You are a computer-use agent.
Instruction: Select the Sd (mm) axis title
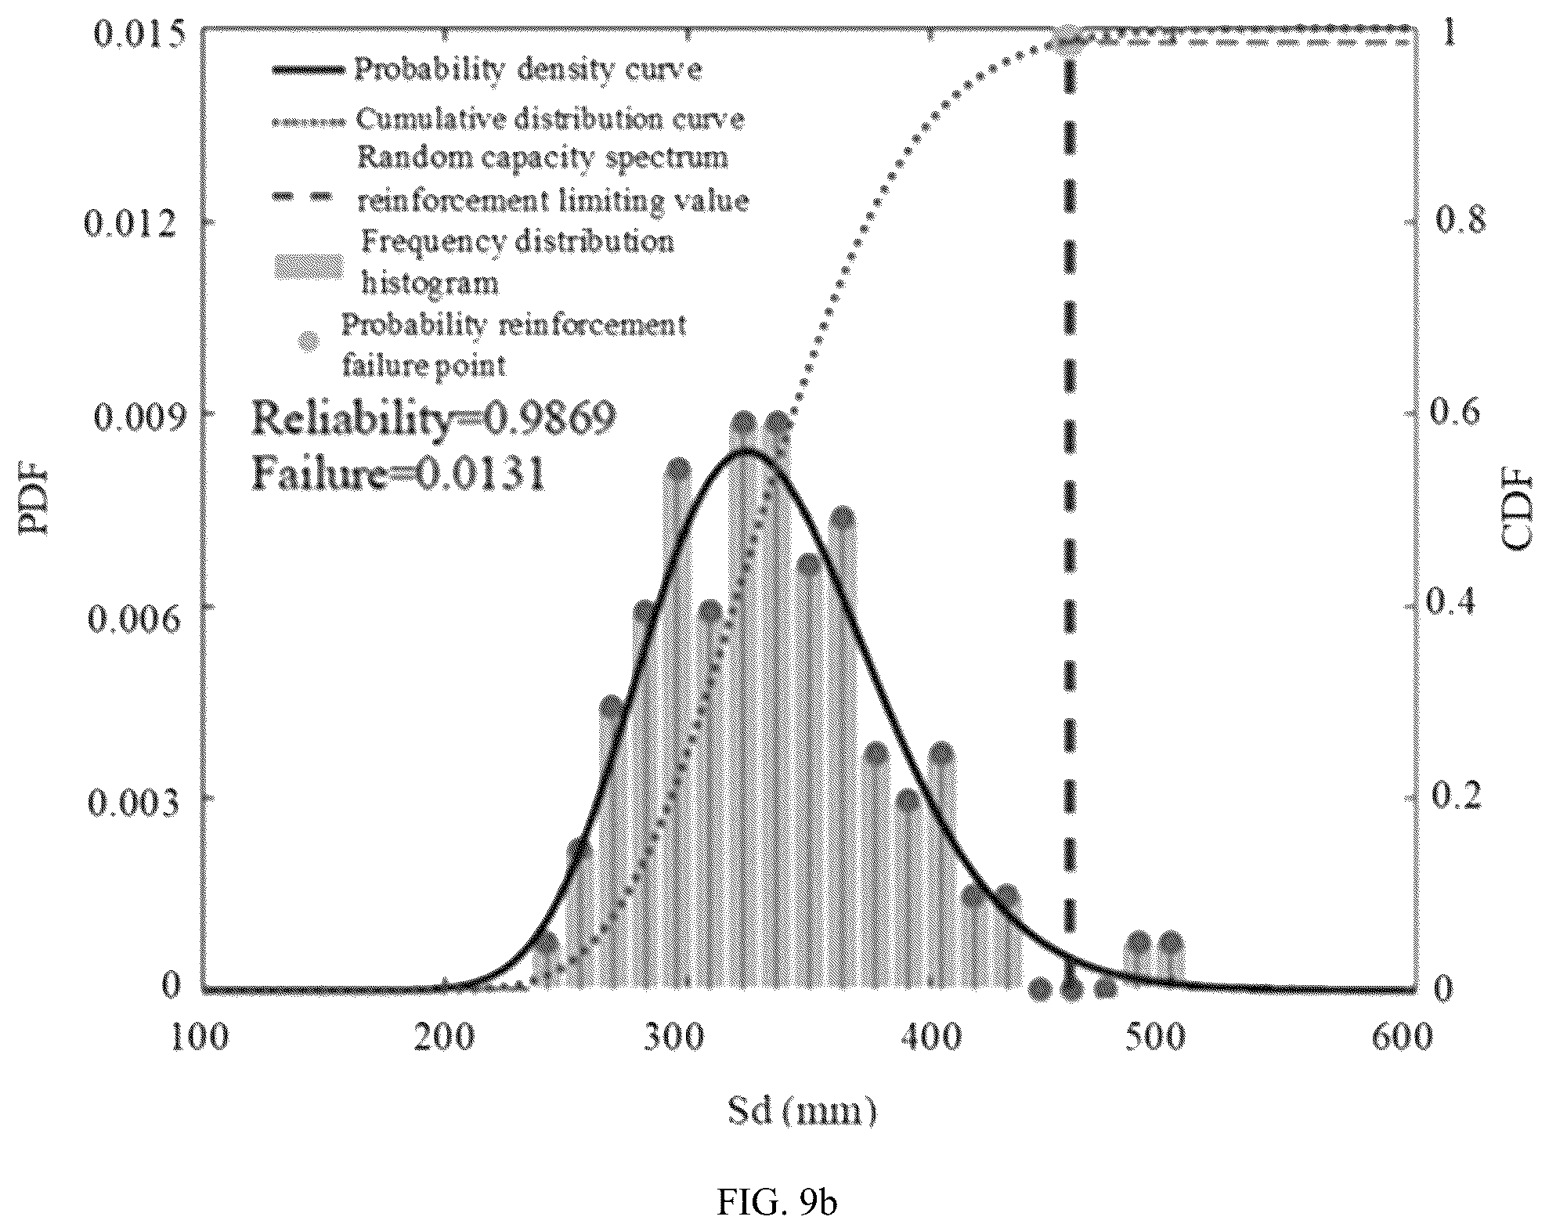point(803,1112)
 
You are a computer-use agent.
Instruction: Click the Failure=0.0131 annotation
point(398,475)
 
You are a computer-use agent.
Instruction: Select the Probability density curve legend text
point(529,70)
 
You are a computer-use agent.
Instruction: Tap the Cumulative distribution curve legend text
point(550,119)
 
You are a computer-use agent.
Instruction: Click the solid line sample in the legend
point(309,70)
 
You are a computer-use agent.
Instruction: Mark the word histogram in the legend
point(429,282)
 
